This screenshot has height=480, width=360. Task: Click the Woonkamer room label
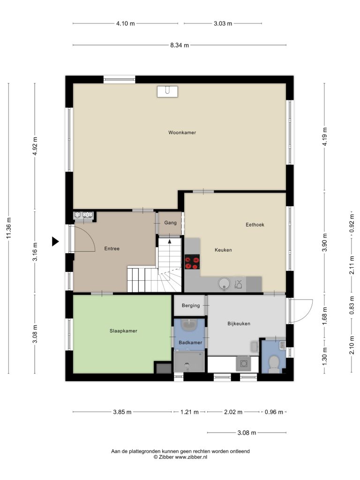[182, 133]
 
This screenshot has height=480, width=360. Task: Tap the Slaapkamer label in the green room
[123, 331]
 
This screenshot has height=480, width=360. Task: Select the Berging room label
[191, 306]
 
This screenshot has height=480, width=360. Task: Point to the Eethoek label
[255, 225]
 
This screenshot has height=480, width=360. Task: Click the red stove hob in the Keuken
[192, 262]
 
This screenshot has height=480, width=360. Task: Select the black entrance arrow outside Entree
[55, 241]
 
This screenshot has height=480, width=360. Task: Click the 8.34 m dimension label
[180, 45]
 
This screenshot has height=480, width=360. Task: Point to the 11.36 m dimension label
[9, 228]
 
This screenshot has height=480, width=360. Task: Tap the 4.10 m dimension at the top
[126, 23]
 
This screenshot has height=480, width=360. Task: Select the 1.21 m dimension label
[189, 412]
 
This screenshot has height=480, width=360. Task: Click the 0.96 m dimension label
[274, 412]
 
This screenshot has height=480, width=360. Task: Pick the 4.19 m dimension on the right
[325, 136]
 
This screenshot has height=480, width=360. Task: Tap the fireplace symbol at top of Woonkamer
[167, 91]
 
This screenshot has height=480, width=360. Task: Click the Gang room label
[170, 223]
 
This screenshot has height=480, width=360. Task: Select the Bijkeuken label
[239, 323]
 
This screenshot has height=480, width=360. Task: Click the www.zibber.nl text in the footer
[191, 457]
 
